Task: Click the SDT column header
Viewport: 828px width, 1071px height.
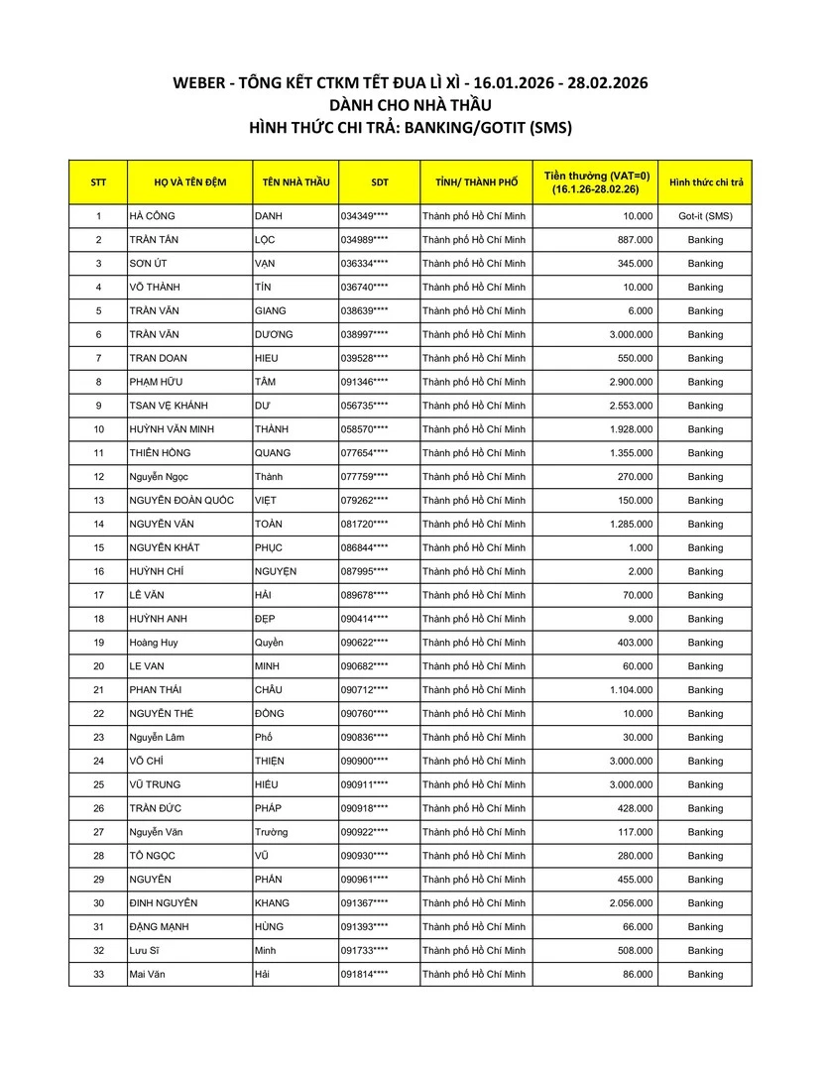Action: tap(379, 182)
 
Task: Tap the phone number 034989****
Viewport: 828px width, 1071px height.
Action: tap(364, 240)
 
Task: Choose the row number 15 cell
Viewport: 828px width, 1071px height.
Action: tap(98, 548)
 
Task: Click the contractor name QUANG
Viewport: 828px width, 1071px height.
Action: tap(273, 453)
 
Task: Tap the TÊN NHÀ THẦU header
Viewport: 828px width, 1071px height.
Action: tap(296, 182)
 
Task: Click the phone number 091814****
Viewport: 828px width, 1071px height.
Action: tap(364, 975)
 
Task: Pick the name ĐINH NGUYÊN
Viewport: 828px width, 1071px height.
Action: tap(164, 903)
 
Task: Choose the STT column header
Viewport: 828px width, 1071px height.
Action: tap(98, 182)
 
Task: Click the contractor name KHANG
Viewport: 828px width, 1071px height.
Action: tap(272, 903)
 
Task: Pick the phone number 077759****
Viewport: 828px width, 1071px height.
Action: tap(364, 477)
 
